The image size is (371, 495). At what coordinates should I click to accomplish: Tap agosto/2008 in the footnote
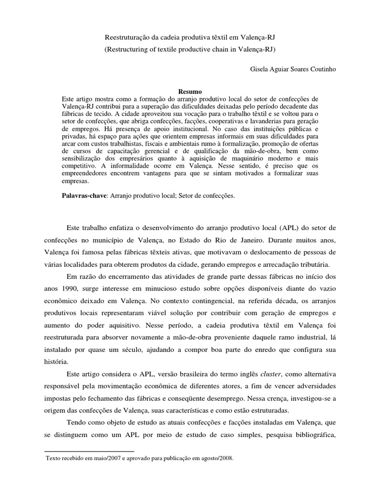tap(216, 456)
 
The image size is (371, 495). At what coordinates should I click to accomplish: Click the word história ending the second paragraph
tap(76, 362)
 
